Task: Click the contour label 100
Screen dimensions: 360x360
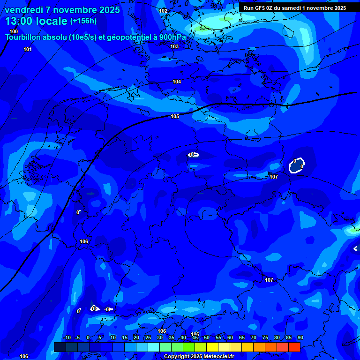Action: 14,31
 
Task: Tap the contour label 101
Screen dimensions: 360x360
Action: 28,49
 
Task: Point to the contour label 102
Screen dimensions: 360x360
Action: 163,11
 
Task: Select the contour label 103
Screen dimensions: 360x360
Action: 174,46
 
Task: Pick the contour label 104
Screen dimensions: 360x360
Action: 177,82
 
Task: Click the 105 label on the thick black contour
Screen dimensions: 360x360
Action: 175,116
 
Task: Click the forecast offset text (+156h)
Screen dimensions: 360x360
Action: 83,21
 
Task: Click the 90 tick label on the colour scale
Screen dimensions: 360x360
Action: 300,337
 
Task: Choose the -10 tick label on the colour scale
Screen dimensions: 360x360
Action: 67,337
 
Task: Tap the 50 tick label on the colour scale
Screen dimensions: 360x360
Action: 207,337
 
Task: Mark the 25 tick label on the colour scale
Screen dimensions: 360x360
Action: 148,337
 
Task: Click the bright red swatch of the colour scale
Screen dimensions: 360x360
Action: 294,347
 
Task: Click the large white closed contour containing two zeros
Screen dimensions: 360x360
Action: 297,165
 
